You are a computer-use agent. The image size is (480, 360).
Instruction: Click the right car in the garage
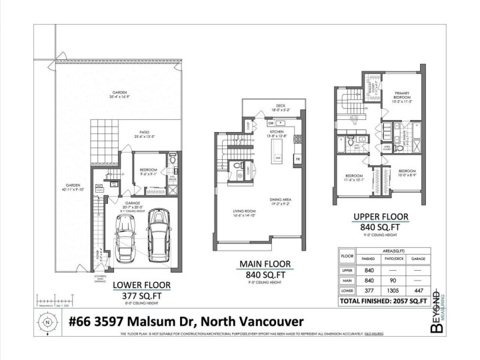pyautogui.click(x=160, y=234)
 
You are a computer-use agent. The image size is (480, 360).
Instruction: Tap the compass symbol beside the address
pyautogui.click(x=47, y=321)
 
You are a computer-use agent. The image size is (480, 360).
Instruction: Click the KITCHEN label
pyautogui.click(x=277, y=133)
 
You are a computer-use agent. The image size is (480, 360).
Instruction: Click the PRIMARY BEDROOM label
pyautogui.click(x=401, y=95)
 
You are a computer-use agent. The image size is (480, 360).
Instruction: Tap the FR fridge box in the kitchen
pyautogui.click(x=297, y=159)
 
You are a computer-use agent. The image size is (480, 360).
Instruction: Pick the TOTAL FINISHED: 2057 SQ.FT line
pyautogui.click(x=382, y=301)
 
